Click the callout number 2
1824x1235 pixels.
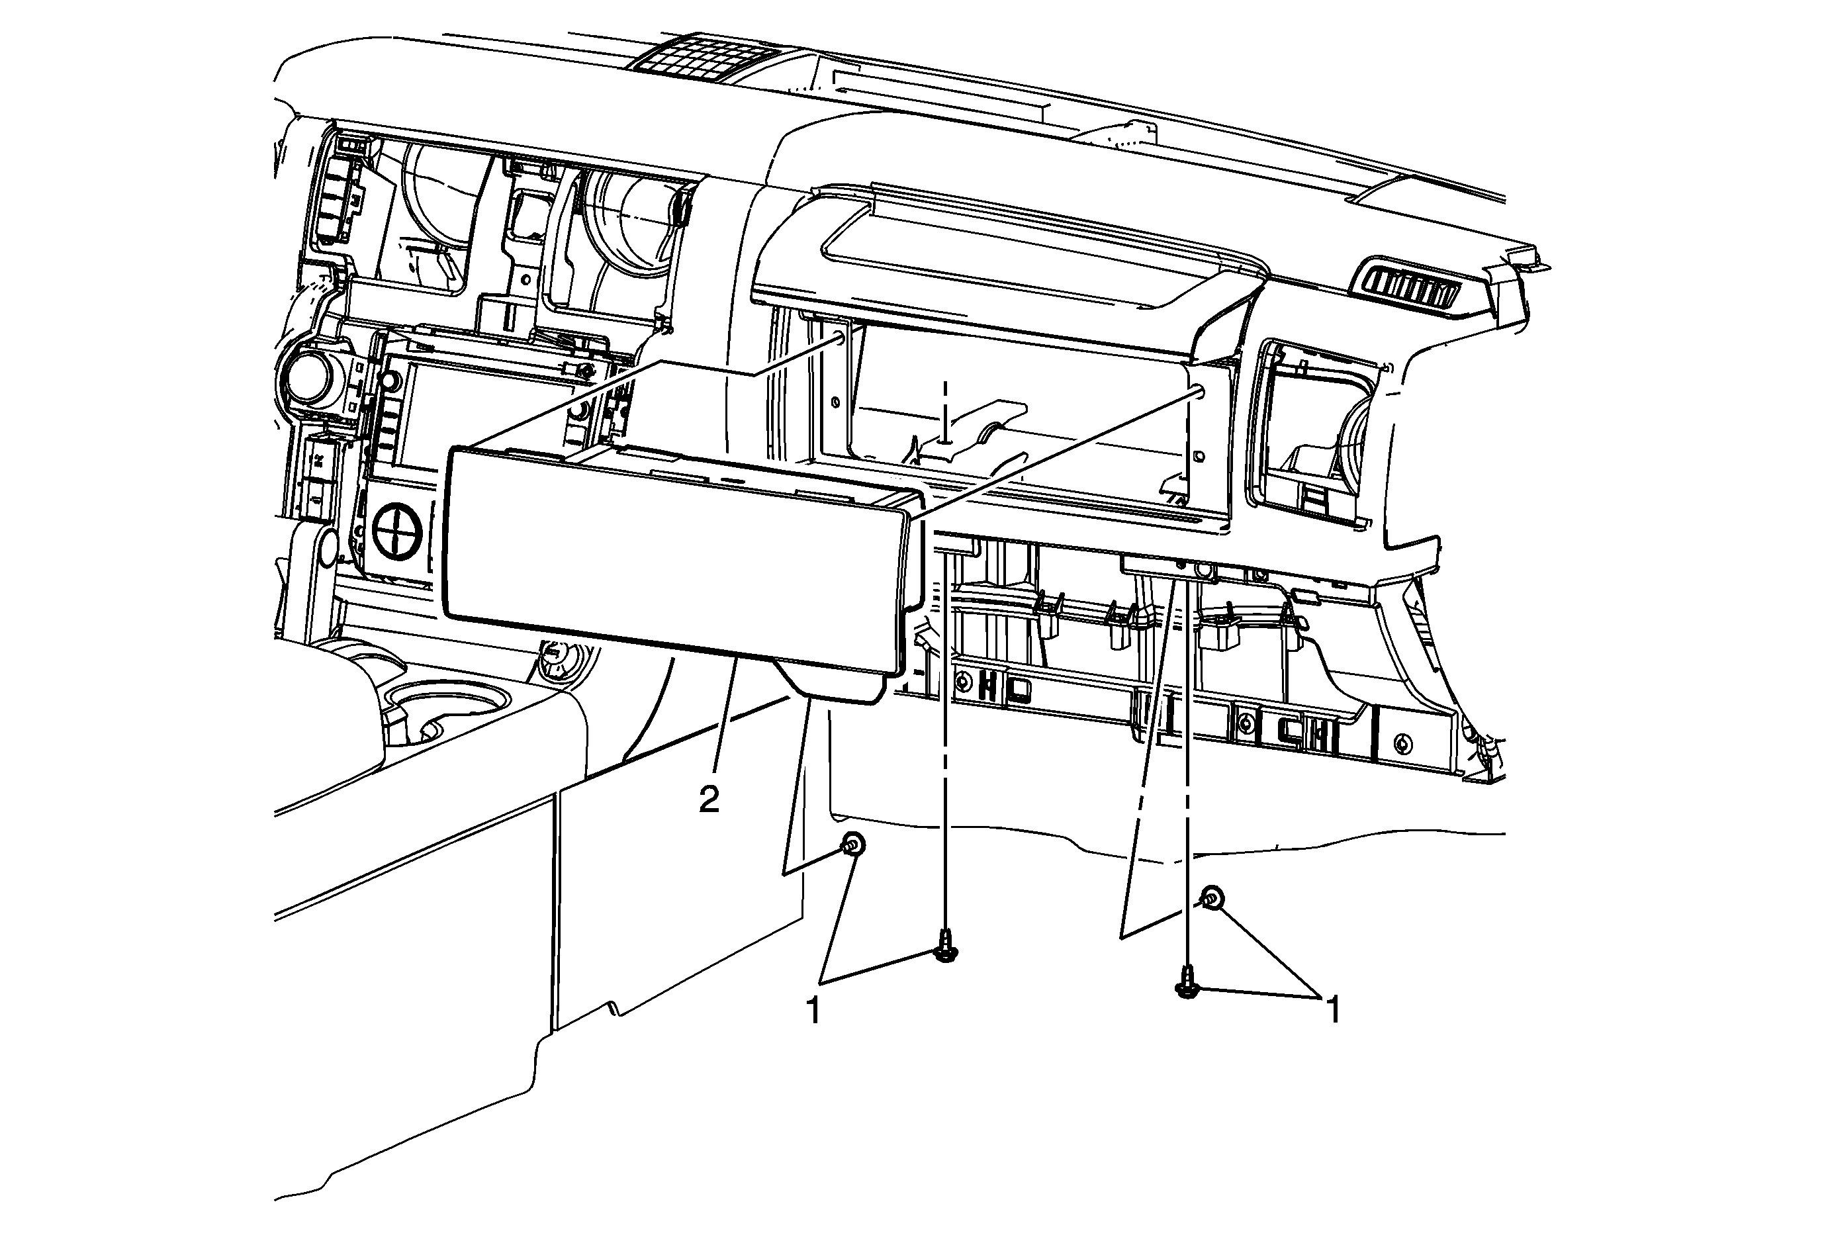point(709,800)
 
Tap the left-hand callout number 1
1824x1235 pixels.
point(814,1010)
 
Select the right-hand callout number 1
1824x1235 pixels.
point(1332,1009)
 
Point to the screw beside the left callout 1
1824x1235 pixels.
point(946,946)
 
